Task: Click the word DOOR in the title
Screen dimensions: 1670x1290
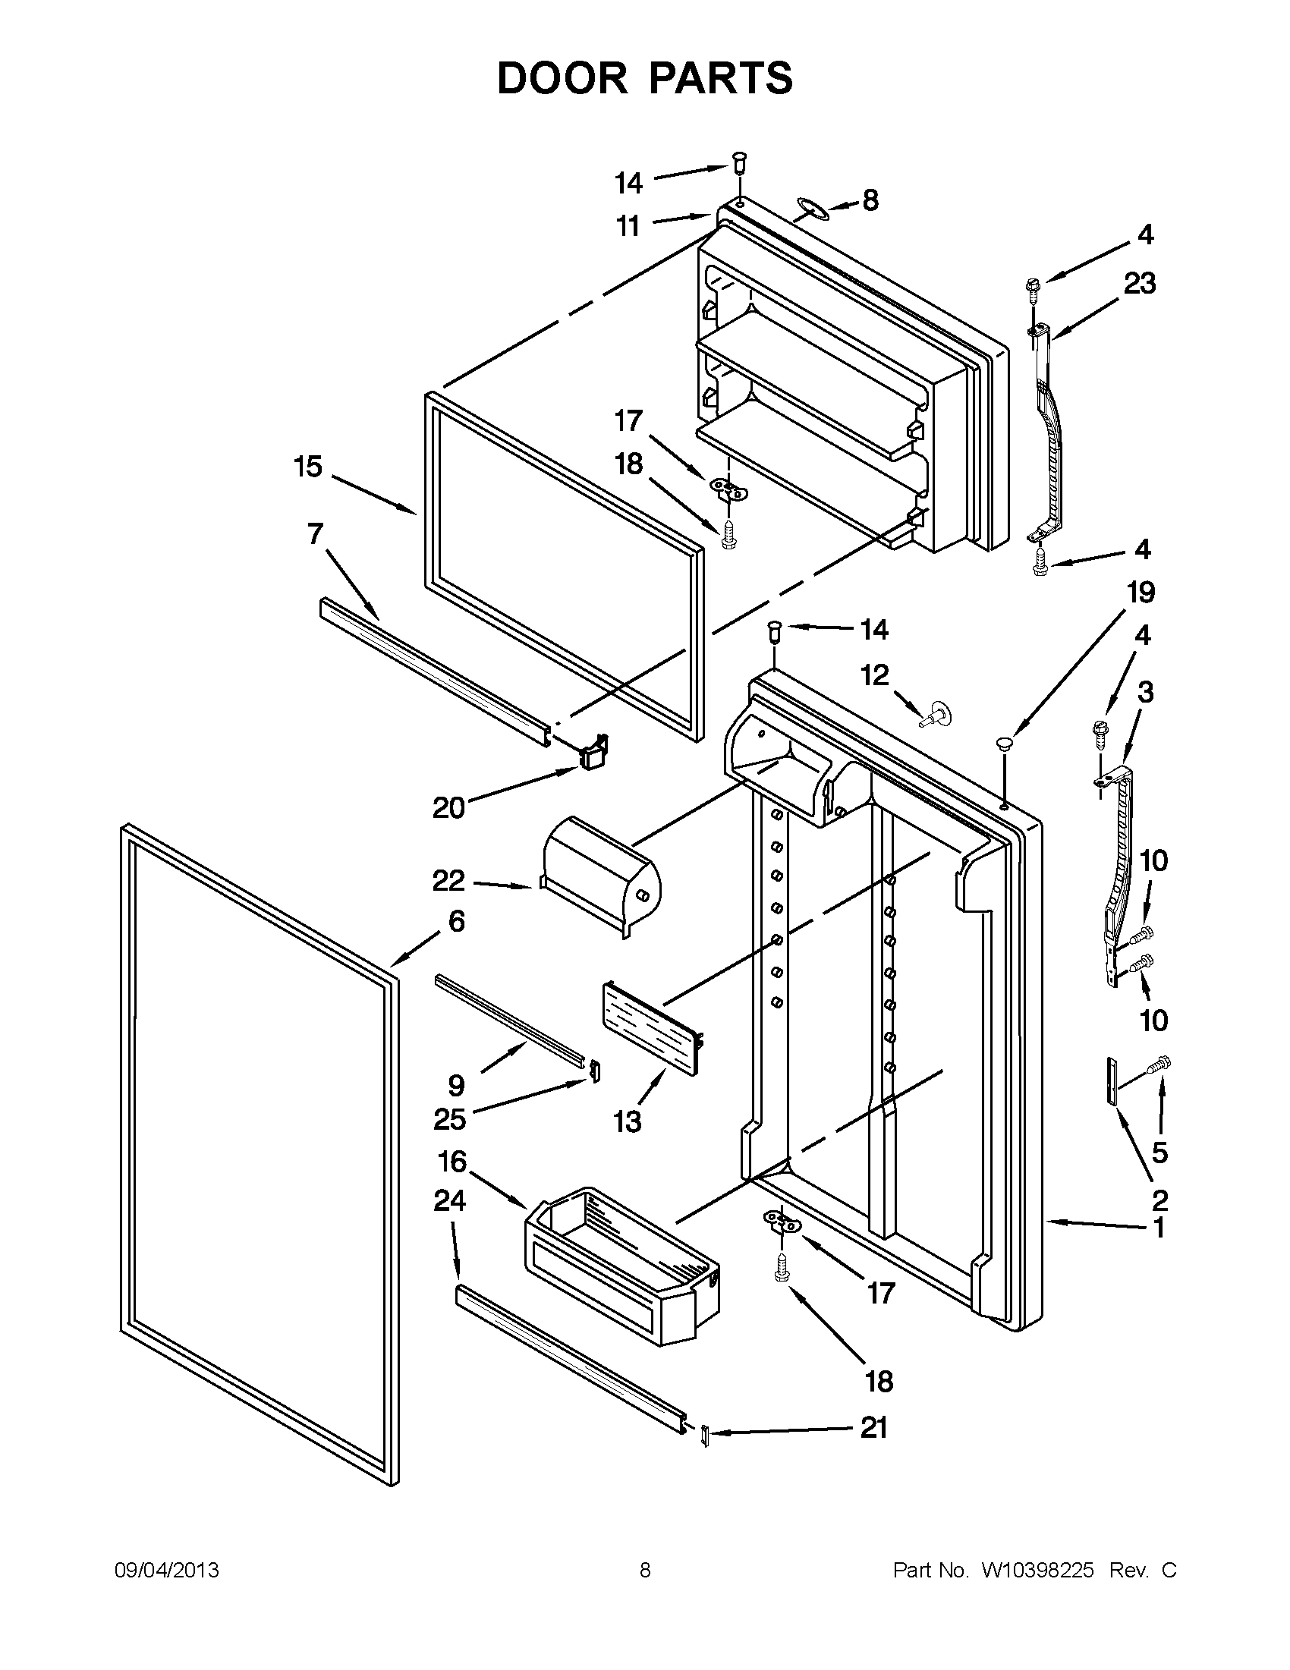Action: click(562, 79)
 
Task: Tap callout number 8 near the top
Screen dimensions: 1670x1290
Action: click(870, 200)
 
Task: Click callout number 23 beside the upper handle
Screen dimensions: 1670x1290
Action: click(1139, 284)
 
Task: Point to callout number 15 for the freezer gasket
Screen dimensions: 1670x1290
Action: click(308, 467)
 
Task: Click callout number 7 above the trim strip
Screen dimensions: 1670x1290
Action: click(316, 533)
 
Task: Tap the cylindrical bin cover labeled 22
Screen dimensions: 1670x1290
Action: click(600, 879)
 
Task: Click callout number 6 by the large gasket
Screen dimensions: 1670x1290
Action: click(456, 921)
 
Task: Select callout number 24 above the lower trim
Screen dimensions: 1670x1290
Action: click(450, 1201)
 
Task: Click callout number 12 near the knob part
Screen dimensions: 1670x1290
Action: click(875, 675)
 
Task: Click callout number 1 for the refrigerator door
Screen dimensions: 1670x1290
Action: click(1159, 1228)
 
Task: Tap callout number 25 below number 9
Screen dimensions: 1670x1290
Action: click(450, 1119)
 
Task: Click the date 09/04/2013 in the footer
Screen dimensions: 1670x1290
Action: click(167, 1571)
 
